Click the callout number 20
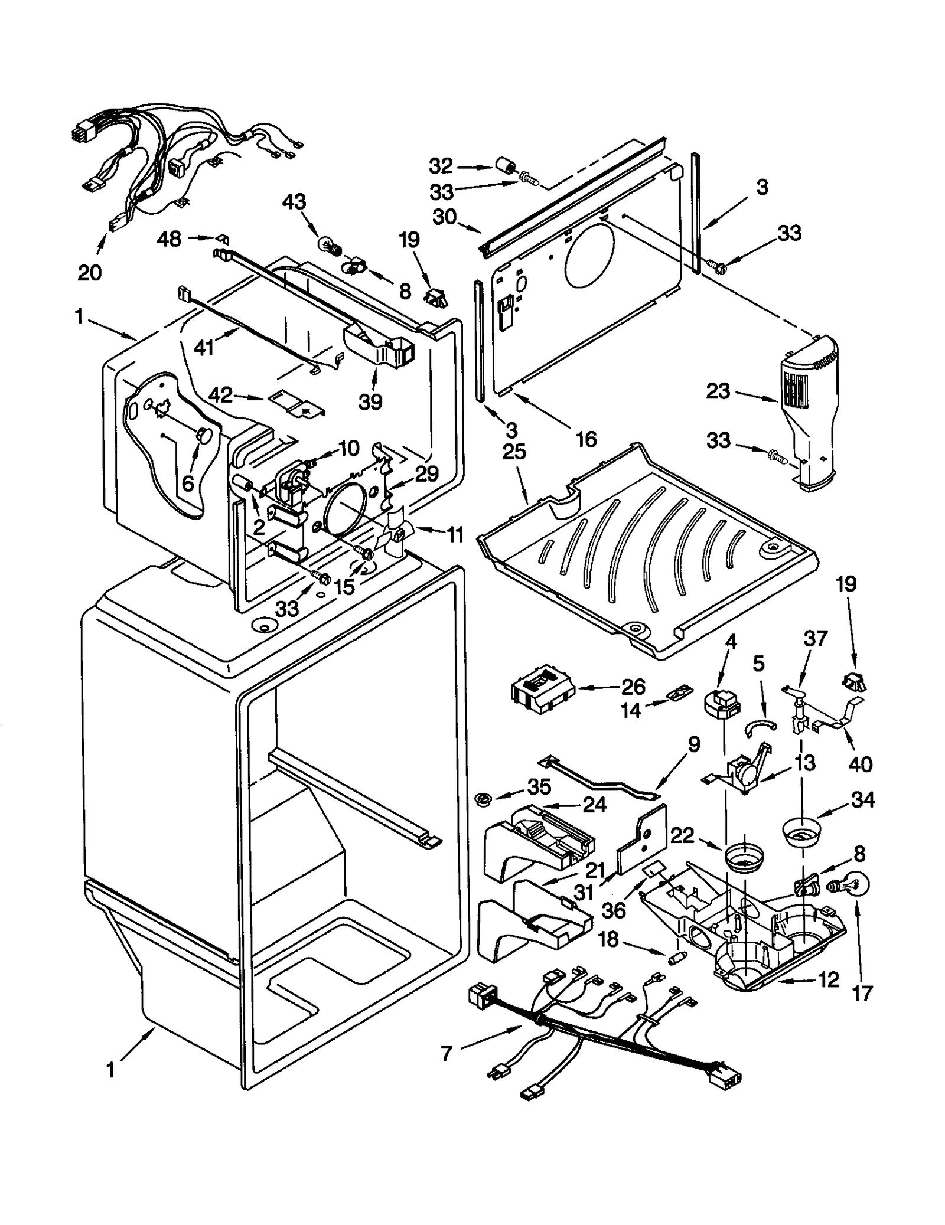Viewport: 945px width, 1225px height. [90, 272]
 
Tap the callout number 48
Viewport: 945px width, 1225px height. [169, 239]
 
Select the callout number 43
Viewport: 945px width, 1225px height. [294, 202]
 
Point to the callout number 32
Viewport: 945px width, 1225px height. [441, 166]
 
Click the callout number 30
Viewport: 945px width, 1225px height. [445, 217]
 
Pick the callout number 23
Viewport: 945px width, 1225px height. [718, 391]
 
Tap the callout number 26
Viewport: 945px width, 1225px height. [633, 687]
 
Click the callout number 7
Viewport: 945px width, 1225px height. [447, 1053]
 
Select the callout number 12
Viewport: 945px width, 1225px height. [828, 980]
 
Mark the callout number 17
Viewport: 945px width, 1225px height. [862, 994]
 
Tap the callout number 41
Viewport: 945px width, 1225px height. [204, 348]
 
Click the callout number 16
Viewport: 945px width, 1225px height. [586, 439]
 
